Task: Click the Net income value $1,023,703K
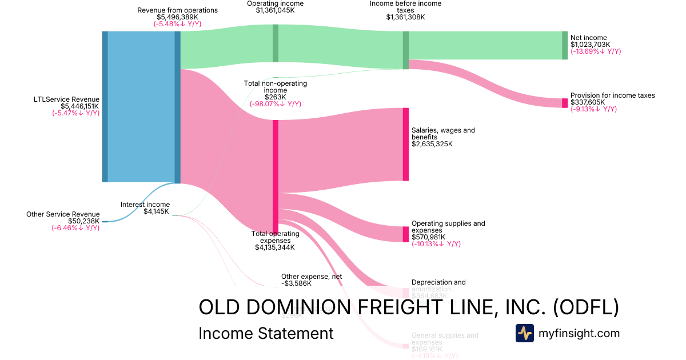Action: (x=590, y=45)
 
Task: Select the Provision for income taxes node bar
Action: (x=565, y=103)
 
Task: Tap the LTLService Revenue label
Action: (x=67, y=99)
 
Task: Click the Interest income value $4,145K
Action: (x=157, y=211)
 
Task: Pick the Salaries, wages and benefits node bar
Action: (x=406, y=144)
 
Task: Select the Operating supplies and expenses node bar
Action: (x=406, y=234)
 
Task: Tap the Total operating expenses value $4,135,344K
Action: (x=275, y=247)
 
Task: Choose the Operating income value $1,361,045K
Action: (x=275, y=10)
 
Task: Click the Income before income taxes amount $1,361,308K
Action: (x=405, y=17)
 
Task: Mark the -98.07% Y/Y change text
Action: (x=275, y=104)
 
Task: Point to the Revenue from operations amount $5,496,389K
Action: (x=178, y=17)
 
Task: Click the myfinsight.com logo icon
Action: (x=524, y=333)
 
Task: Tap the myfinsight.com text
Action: (x=579, y=333)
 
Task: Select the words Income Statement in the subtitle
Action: (x=266, y=333)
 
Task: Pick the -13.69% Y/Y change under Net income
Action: (x=595, y=51)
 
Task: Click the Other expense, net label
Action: (x=312, y=277)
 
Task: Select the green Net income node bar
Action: (x=565, y=45)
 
